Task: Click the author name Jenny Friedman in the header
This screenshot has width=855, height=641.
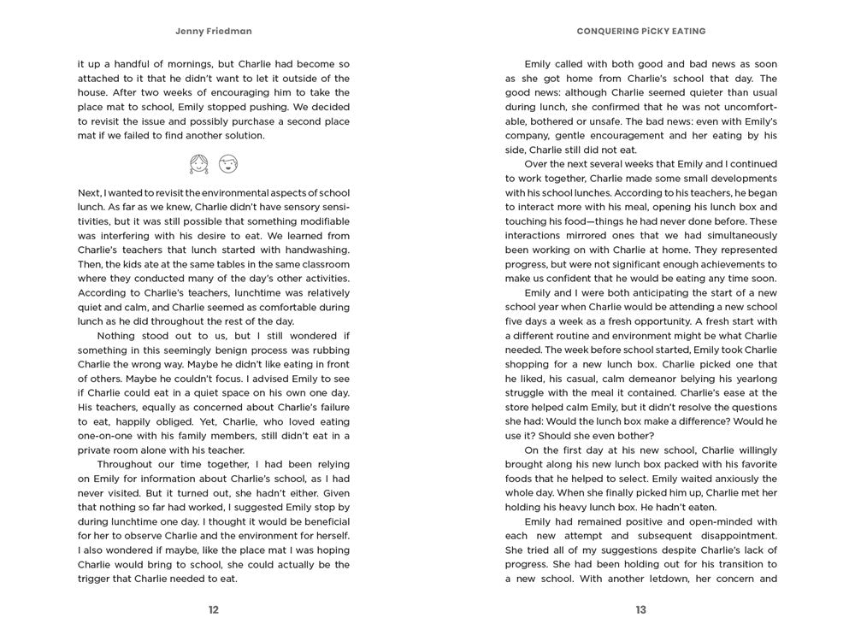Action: point(213,32)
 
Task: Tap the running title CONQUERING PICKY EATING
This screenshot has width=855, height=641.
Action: point(640,32)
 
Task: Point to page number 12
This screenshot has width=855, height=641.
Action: point(213,609)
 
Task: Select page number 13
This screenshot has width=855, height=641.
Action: point(640,609)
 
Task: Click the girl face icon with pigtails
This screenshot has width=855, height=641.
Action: point(198,163)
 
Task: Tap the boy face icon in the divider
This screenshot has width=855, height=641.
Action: point(227,163)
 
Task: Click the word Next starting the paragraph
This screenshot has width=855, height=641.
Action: point(90,193)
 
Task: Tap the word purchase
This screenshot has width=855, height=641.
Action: point(257,121)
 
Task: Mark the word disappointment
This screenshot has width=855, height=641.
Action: point(716,536)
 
